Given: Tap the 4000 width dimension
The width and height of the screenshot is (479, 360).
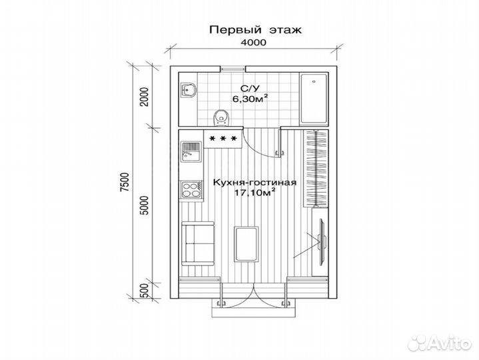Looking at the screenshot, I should [252, 42].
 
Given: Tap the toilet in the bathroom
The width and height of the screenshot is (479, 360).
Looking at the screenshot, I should [222, 117].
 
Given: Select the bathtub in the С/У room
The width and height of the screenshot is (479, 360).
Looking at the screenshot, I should [312, 99].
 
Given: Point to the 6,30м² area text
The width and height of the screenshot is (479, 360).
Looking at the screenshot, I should [250, 99].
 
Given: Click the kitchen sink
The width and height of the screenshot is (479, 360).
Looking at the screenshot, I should [192, 151].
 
